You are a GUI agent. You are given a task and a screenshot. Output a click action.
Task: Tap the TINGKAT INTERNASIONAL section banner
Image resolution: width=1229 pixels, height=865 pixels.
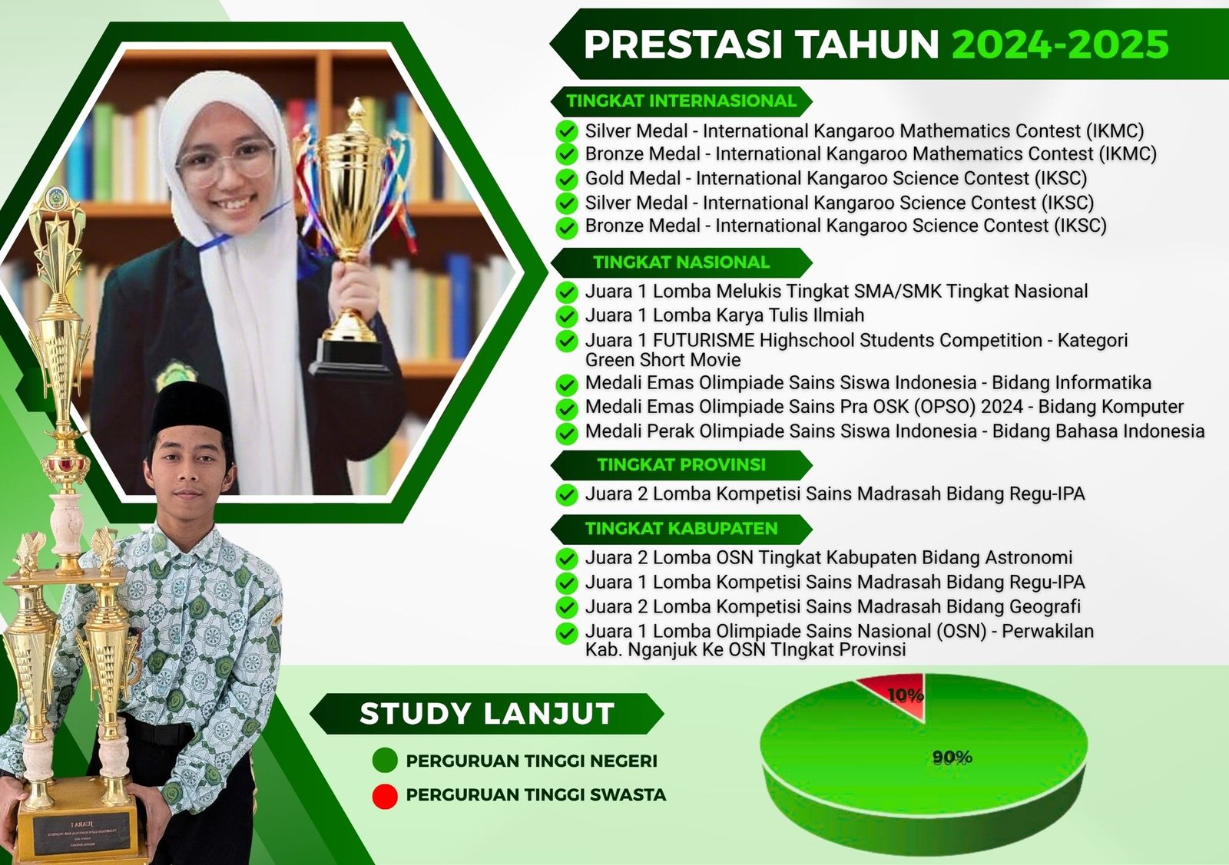681,101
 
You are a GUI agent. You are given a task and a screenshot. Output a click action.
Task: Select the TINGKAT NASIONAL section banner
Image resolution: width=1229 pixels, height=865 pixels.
681,262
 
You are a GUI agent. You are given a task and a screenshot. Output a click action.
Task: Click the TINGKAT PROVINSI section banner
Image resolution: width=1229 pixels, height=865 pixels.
681,465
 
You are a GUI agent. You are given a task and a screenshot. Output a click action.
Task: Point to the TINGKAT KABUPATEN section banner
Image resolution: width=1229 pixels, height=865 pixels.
681,529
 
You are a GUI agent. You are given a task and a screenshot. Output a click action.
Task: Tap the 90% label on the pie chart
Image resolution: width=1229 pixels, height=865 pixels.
952,758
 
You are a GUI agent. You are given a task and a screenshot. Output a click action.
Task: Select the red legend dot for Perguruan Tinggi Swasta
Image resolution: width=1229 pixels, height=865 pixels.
385,797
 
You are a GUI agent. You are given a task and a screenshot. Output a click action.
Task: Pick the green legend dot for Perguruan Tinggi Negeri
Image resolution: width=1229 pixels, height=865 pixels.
385,761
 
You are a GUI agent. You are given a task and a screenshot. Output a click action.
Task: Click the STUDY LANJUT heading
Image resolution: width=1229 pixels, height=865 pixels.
487,714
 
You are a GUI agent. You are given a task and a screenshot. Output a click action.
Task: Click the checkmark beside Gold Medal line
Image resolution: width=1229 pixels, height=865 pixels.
567,180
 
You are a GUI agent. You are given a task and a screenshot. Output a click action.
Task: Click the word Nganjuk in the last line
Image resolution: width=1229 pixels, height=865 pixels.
664,650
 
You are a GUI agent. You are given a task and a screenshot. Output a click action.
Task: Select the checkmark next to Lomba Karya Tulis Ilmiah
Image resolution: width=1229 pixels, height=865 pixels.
567,316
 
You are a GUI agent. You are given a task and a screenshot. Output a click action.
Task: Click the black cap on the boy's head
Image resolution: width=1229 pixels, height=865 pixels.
190,408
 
